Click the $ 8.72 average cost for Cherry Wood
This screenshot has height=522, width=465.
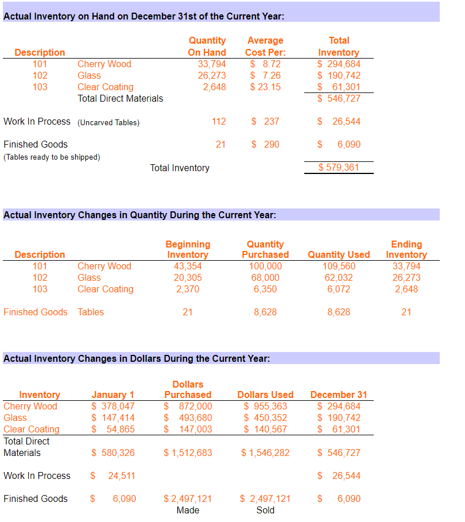click(x=265, y=64)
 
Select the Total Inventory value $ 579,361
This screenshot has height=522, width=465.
click(x=339, y=168)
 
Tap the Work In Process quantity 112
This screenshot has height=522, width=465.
click(x=219, y=122)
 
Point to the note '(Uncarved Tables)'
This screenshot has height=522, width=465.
click(x=108, y=122)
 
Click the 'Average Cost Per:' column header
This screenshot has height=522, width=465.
click(x=265, y=47)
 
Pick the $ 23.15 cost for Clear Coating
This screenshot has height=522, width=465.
click(x=265, y=87)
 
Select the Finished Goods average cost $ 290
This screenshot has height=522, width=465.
click(x=265, y=145)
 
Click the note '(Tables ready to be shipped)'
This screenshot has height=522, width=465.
click(x=52, y=157)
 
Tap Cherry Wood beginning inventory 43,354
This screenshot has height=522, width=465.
click(x=188, y=266)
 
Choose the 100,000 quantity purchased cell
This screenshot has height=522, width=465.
click(x=265, y=266)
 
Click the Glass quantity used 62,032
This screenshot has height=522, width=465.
click(x=339, y=278)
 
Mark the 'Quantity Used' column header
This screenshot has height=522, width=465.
click(x=339, y=254)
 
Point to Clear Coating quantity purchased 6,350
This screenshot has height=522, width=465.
click(x=265, y=289)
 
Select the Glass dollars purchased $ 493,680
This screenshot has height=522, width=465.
click(x=188, y=418)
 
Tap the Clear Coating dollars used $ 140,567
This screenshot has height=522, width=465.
click(x=265, y=430)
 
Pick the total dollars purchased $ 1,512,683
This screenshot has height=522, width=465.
click(x=188, y=453)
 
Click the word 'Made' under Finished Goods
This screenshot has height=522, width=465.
click(x=188, y=511)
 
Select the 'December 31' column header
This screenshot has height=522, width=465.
click(x=339, y=395)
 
